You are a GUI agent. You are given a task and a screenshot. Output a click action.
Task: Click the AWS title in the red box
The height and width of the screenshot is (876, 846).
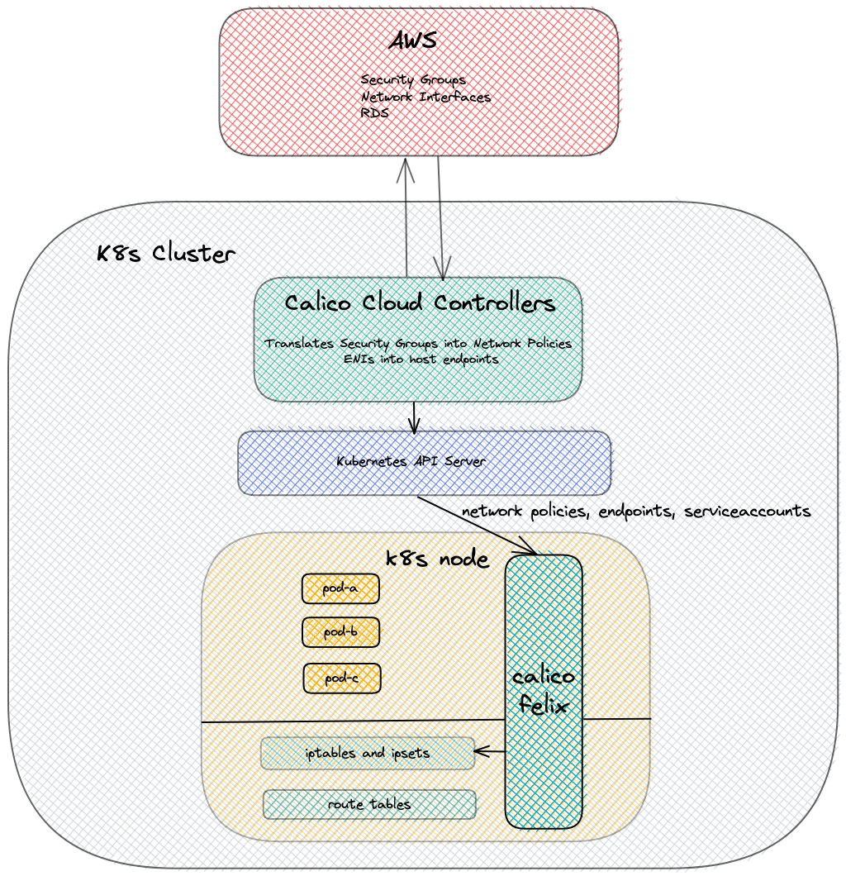412,41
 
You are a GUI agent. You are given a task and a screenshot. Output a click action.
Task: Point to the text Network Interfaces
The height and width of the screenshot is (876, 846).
425,97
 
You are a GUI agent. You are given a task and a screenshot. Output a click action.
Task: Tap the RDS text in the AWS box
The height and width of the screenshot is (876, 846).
374,113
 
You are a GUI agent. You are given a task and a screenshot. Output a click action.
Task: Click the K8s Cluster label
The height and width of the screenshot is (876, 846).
165,254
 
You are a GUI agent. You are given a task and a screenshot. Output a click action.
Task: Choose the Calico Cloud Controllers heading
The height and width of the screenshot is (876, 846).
420,302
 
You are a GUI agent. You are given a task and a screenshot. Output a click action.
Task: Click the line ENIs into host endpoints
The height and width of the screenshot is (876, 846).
421,359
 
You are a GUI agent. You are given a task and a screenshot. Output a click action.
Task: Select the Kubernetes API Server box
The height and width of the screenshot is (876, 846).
424,462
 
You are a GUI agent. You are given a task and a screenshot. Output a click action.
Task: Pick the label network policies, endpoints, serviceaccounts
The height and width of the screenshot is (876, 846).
636,511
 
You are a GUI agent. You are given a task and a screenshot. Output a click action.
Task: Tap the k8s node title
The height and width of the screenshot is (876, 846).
437,559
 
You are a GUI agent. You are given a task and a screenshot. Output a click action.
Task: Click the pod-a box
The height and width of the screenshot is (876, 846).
340,588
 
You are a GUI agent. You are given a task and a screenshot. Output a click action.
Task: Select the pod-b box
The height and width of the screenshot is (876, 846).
340,632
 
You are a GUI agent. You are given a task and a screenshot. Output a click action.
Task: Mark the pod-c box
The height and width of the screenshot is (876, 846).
341,678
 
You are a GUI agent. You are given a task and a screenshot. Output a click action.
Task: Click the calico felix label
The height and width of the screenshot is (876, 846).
543,692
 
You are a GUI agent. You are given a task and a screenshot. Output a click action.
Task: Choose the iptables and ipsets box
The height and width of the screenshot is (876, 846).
368,753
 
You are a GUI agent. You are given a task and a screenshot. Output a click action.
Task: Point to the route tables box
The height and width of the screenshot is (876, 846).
369,804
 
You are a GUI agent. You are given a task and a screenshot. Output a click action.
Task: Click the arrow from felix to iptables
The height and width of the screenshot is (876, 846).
490,751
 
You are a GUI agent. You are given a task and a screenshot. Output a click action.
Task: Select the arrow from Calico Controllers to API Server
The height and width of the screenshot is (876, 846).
414,417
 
